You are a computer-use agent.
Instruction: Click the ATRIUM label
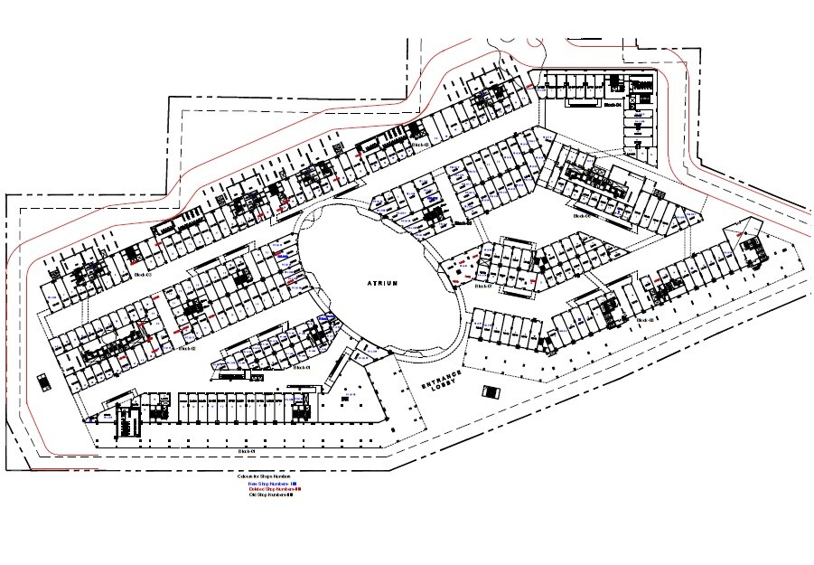tap(383, 283)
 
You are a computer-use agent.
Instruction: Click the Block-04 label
tap(613, 105)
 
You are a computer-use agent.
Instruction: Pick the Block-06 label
tap(580, 217)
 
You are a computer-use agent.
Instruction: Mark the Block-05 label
tap(419, 145)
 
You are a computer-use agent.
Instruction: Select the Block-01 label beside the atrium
tap(301, 368)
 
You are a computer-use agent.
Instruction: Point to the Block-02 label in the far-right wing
tap(644, 319)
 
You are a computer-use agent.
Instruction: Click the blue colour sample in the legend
tap(295, 484)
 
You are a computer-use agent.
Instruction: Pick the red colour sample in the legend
tap(298, 489)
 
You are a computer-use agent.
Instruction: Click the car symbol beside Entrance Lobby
tap(490, 391)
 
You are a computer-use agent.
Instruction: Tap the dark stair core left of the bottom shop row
tap(126, 423)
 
